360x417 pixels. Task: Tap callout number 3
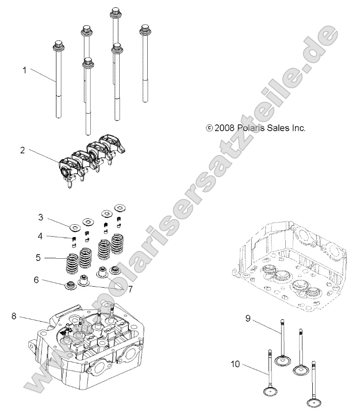40,216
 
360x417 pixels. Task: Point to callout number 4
40,236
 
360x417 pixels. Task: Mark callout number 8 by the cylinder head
14,316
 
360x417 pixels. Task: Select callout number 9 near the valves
247,318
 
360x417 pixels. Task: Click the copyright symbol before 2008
210,129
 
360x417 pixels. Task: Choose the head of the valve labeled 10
270,391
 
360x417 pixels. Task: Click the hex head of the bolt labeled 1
58,45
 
